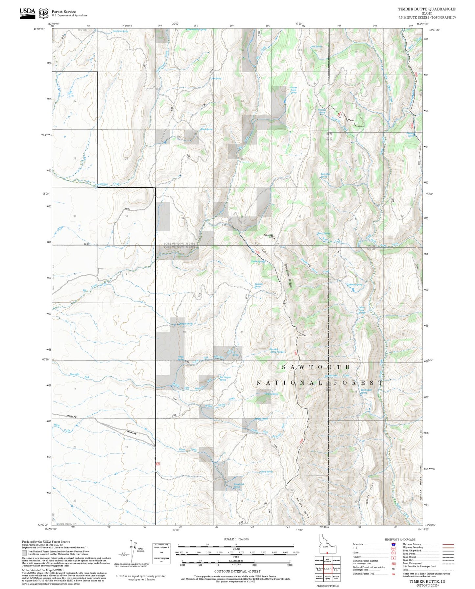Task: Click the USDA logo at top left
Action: coord(27,13)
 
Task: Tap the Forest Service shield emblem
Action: coord(43,13)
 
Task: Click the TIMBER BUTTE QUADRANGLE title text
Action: coord(427,9)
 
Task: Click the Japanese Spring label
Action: coord(258,285)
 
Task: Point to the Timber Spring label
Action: coord(257,262)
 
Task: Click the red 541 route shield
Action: coord(158,464)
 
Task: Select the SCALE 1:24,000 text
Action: coord(236,539)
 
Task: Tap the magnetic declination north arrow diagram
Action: coord(131,552)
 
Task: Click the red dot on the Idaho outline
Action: coord(327,553)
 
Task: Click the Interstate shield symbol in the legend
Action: coord(393,544)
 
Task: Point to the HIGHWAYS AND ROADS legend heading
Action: coord(400,539)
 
